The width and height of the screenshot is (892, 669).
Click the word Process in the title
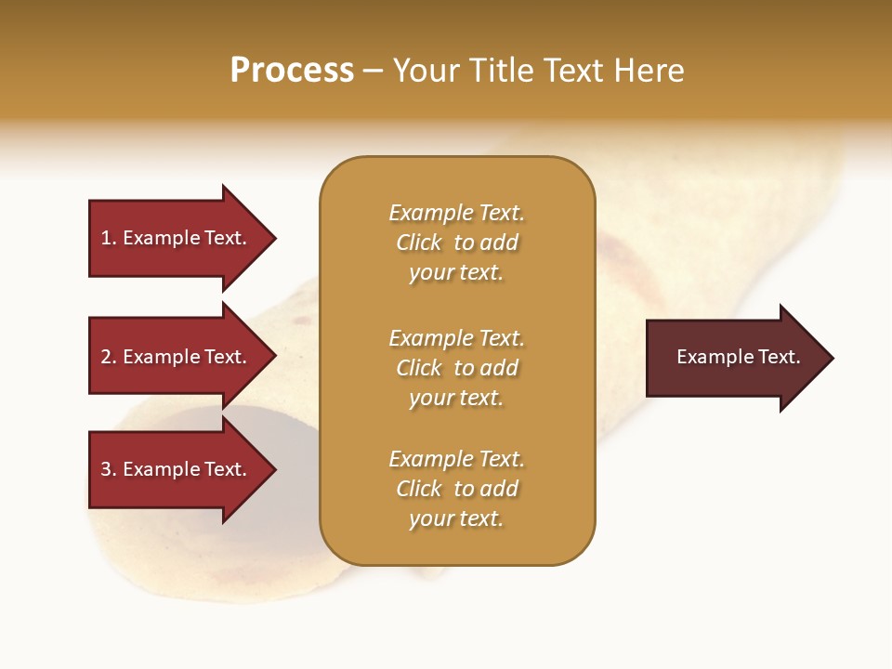point(292,71)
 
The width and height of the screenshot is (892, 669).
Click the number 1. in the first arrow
point(109,238)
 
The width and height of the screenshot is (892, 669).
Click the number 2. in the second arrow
point(109,357)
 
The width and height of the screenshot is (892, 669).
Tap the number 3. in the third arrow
point(109,469)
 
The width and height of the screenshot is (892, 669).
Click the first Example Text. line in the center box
point(456,213)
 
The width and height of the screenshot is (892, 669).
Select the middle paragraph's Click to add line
point(456,368)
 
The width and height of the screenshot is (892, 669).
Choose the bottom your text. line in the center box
point(456,518)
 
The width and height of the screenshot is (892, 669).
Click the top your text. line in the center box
point(456,272)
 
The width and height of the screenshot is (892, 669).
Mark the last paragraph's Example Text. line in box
point(456,459)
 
